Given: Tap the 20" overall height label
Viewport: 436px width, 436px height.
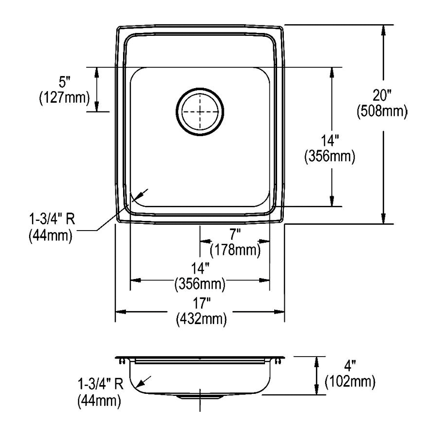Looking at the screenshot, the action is click(382, 96).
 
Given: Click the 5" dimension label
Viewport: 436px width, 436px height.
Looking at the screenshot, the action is click(64, 82).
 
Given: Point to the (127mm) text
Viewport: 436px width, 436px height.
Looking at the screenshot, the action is click(64, 98).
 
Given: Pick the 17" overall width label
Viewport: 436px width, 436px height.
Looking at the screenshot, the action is click(202, 303).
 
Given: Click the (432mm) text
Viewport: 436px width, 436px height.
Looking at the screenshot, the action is click(202, 319).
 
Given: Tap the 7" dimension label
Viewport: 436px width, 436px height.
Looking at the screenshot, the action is click(235, 234).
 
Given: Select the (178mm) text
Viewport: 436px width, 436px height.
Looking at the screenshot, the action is click(235, 250).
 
